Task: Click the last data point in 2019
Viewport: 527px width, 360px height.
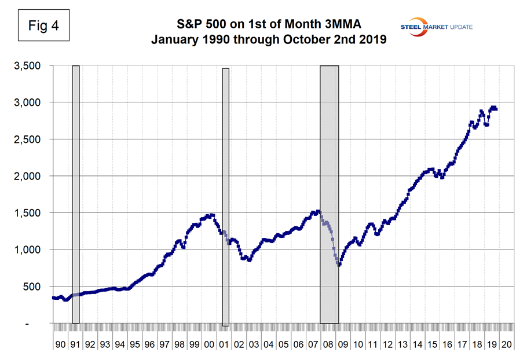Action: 496,109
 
